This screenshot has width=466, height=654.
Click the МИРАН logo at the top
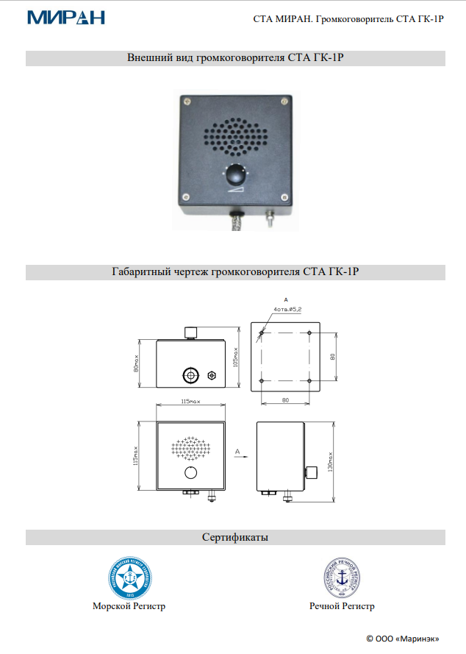coord(65,17)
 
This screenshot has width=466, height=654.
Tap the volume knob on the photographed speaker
coord(235,175)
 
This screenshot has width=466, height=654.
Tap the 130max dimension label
coord(332,462)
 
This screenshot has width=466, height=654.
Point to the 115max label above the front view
coord(190,402)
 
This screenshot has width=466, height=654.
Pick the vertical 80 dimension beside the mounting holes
coord(332,357)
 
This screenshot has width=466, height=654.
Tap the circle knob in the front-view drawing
coord(191,472)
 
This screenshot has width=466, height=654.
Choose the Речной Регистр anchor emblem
coord(342,577)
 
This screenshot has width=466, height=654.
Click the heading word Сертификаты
coord(235,538)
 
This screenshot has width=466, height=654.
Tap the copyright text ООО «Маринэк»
coord(403,637)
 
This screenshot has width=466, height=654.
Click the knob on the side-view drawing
coord(312,472)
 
